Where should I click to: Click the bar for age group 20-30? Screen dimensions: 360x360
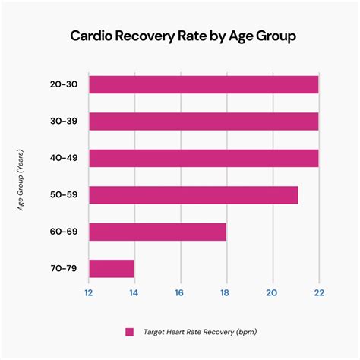point(204,84)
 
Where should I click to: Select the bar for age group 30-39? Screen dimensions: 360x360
point(204,121)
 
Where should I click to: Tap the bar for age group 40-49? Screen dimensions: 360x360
point(204,158)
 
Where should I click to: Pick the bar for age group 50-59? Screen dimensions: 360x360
point(193,194)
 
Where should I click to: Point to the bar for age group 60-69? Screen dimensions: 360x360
point(157,232)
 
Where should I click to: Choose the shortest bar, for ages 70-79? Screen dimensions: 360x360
point(111,268)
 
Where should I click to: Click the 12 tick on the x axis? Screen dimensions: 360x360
point(89,293)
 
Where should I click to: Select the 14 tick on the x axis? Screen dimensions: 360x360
point(134,293)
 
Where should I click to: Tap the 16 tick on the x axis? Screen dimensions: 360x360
point(180,293)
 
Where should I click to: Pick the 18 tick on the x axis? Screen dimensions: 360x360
point(226,293)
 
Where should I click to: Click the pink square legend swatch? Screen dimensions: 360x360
point(129,332)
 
